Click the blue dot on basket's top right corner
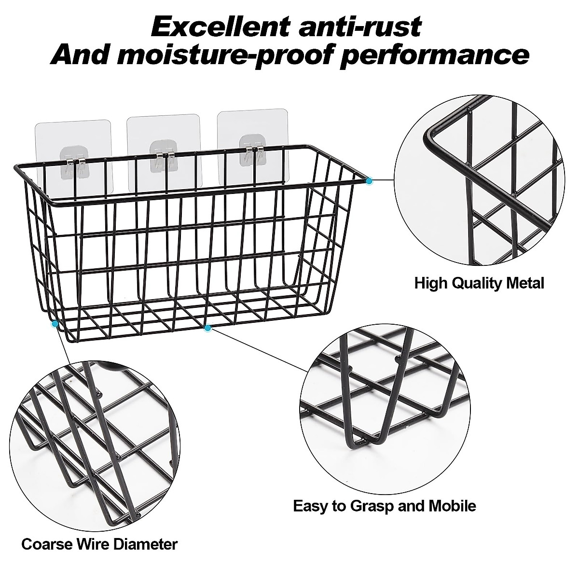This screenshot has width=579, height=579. click(x=370, y=180)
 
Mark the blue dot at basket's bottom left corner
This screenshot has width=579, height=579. click(x=55, y=323)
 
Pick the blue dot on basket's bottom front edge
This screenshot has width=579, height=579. click(x=207, y=328)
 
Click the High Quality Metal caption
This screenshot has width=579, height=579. click(x=479, y=283)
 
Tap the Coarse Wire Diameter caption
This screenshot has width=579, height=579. click(x=99, y=545)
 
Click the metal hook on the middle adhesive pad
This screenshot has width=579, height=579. click(x=164, y=159)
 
